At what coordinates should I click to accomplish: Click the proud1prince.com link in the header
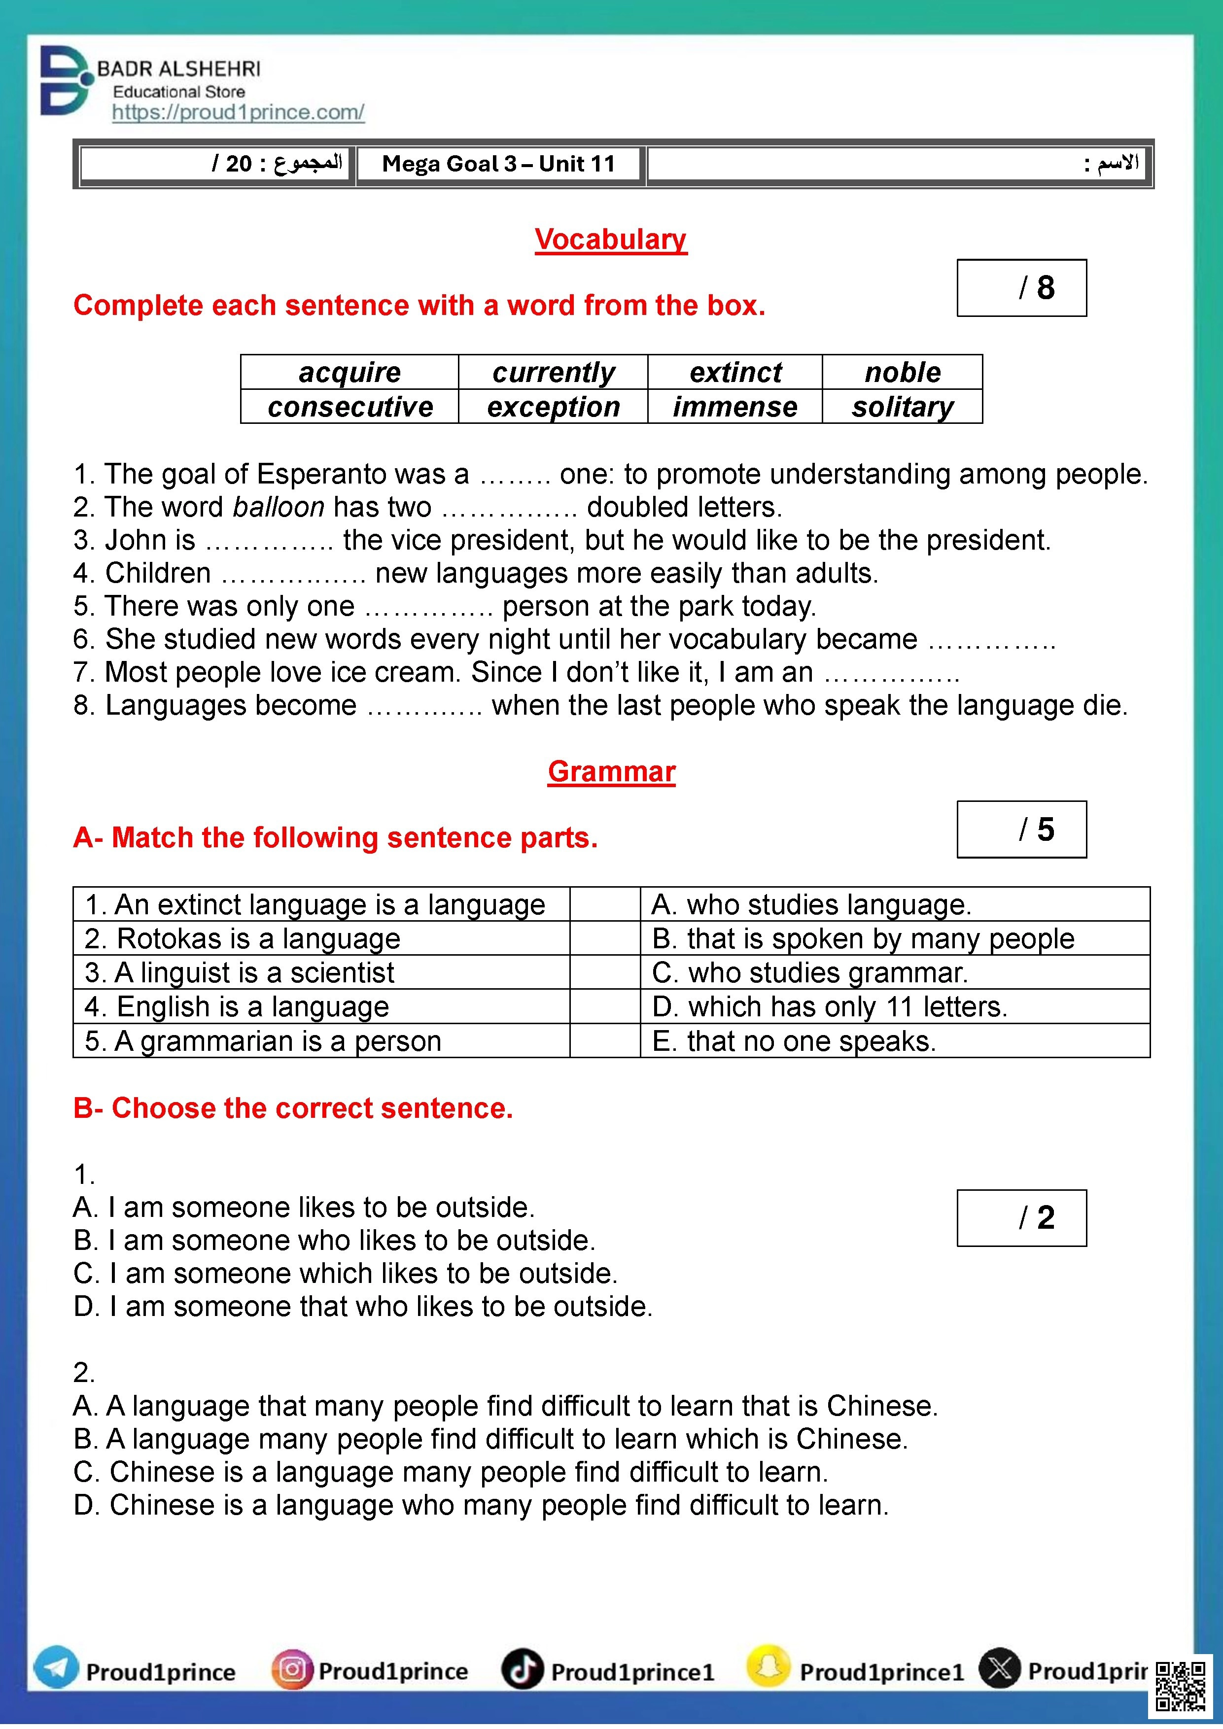pyautogui.click(x=238, y=112)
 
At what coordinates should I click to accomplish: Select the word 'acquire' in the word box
pyautogui.click(x=349, y=372)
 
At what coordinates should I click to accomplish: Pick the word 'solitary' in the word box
pyautogui.click(x=902, y=407)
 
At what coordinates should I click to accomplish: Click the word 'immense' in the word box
pyautogui.click(x=734, y=407)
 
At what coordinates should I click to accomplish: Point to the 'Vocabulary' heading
pyautogui.click(x=611, y=240)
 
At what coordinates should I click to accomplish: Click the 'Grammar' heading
pyautogui.click(x=611, y=771)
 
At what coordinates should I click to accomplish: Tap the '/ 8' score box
pyautogui.click(x=1021, y=288)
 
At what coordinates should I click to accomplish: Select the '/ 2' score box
pyautogui.click(x=1021, y=1218)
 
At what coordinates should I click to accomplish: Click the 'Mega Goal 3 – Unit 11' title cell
pyautogui.click(x=498, y=164)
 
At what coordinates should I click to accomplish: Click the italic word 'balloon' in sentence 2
pyautogui.click(x=279, y=507)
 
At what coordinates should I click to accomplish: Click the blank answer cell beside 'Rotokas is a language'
pyautogui.click(x=605, y=938)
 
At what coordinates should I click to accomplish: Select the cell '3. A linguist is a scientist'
pyautogui.click(x=321, y=972)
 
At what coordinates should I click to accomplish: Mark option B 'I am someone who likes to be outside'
pyautogui.click(x=334, y=1240)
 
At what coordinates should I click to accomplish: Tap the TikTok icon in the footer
pyautogui.click(x=523, y=1669)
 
